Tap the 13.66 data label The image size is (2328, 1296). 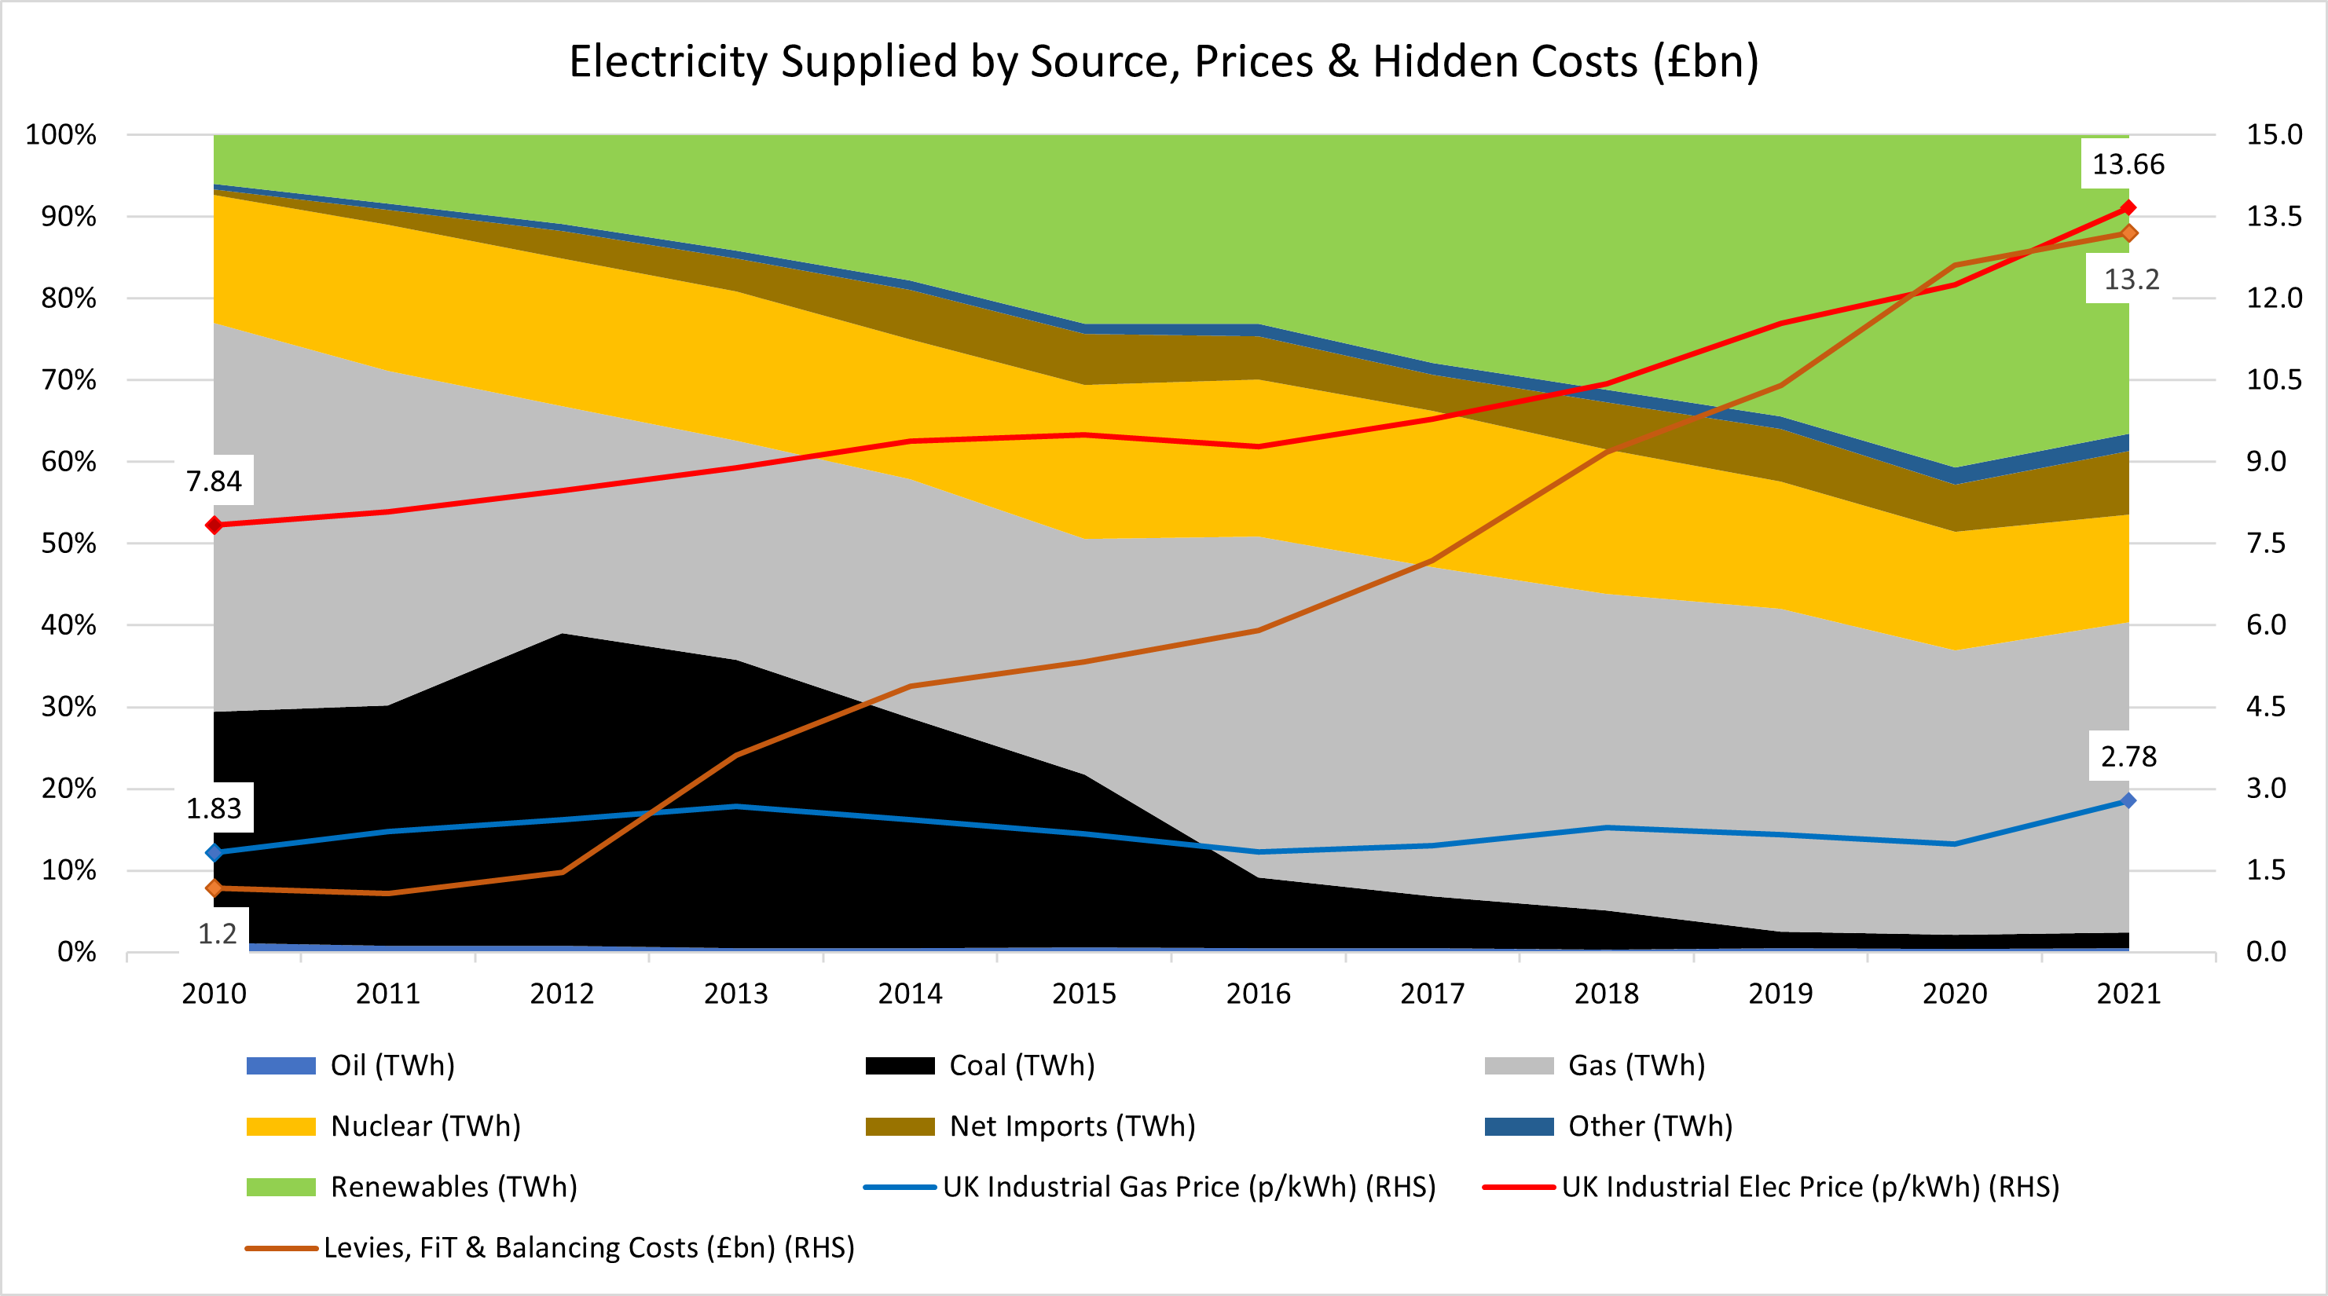[2128, 164]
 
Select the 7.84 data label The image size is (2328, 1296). [214, 481]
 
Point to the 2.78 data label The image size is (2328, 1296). [2128, 756]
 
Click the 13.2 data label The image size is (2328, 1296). [2131, 280]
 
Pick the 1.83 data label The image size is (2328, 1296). [214, 808]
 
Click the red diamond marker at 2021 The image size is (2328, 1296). [2128, 208]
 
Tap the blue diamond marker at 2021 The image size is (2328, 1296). [2128, 800]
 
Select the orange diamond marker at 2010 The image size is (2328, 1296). [214, 888]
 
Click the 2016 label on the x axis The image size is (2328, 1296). [1258, 994]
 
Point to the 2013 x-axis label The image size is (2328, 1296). [735, 994]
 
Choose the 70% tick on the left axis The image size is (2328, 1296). [68, 379]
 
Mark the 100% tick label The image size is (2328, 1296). [61, 134]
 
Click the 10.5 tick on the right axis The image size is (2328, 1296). [2274, 379]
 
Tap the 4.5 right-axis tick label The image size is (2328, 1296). [2266, 707]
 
